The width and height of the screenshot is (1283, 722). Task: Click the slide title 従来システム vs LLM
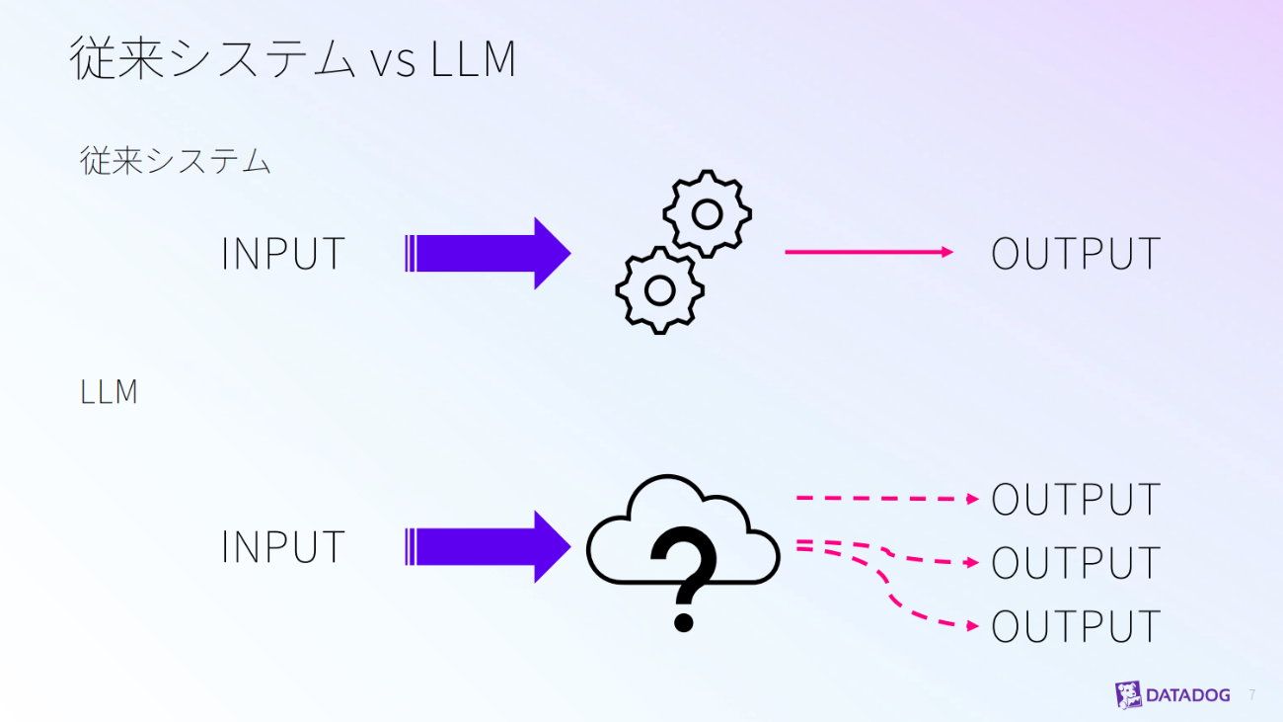point(293,59)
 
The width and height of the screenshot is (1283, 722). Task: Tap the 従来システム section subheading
point(176,161)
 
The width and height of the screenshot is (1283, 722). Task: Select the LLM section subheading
point(109,392)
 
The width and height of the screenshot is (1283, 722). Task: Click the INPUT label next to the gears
point(282,254)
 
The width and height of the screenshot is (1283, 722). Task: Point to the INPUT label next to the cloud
point(282,547)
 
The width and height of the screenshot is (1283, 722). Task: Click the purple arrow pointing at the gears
point(488,254)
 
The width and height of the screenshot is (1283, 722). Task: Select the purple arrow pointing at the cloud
point(488,547)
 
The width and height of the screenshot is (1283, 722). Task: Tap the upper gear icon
point(707,212)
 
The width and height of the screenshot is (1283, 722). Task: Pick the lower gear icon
point(659,289)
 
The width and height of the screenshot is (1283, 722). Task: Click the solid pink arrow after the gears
point(868,252)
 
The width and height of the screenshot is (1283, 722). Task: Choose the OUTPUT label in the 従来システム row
point(1075,254)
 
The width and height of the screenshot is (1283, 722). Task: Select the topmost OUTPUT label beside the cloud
point(1075,500)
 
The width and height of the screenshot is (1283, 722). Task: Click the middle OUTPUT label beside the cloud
point(1075,563)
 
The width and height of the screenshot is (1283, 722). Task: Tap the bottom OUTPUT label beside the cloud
point(1075,626)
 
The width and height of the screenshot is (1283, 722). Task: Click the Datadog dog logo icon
point(1128,694)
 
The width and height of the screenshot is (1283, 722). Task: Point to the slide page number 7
point(1252,694)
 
